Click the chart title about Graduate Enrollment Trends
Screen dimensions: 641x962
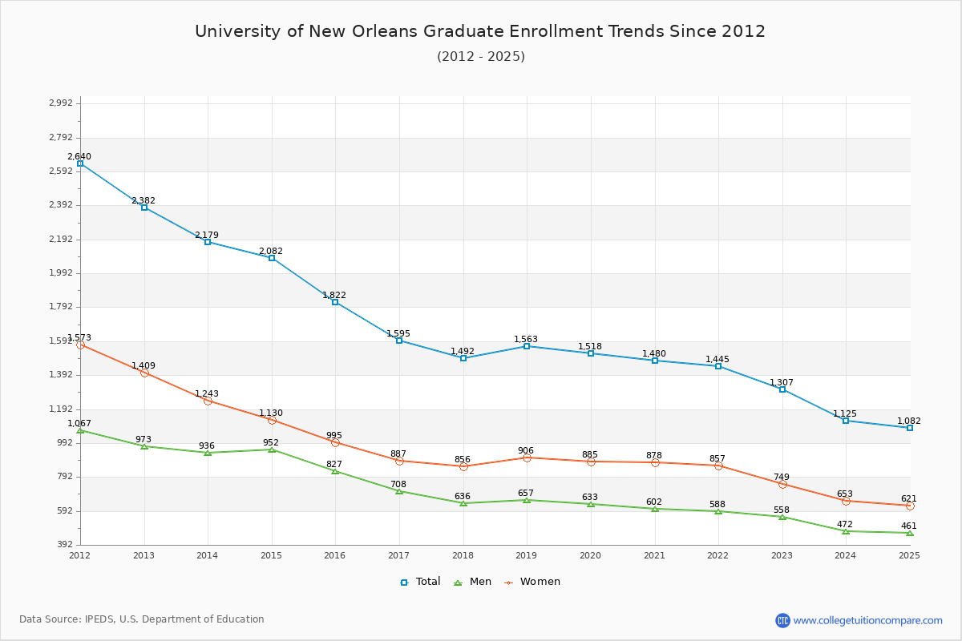tap(480, 31)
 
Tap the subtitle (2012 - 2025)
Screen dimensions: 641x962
tap(480, 56)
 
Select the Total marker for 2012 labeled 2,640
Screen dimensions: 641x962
tap(80, 163)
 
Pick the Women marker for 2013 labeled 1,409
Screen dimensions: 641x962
tap(144, 373)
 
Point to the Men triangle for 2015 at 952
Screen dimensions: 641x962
tap(272, 450)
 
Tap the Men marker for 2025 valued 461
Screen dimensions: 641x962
tap(910, 533)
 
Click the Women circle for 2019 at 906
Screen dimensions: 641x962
tap(527, 458)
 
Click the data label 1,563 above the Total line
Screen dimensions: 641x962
tap(526, 339)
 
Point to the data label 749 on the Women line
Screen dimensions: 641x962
tap(782, 477)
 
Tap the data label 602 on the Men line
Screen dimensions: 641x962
tap(654, 502)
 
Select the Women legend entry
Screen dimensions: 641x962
tap(532, 582)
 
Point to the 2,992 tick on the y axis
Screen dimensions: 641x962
tap(60, 103)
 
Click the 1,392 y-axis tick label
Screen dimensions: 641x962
tap(60, 375)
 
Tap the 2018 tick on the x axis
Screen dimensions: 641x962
tap(463, 554)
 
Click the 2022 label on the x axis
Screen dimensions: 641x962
tap(717, 554)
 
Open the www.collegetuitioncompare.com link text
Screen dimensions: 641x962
tap(867, 620)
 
